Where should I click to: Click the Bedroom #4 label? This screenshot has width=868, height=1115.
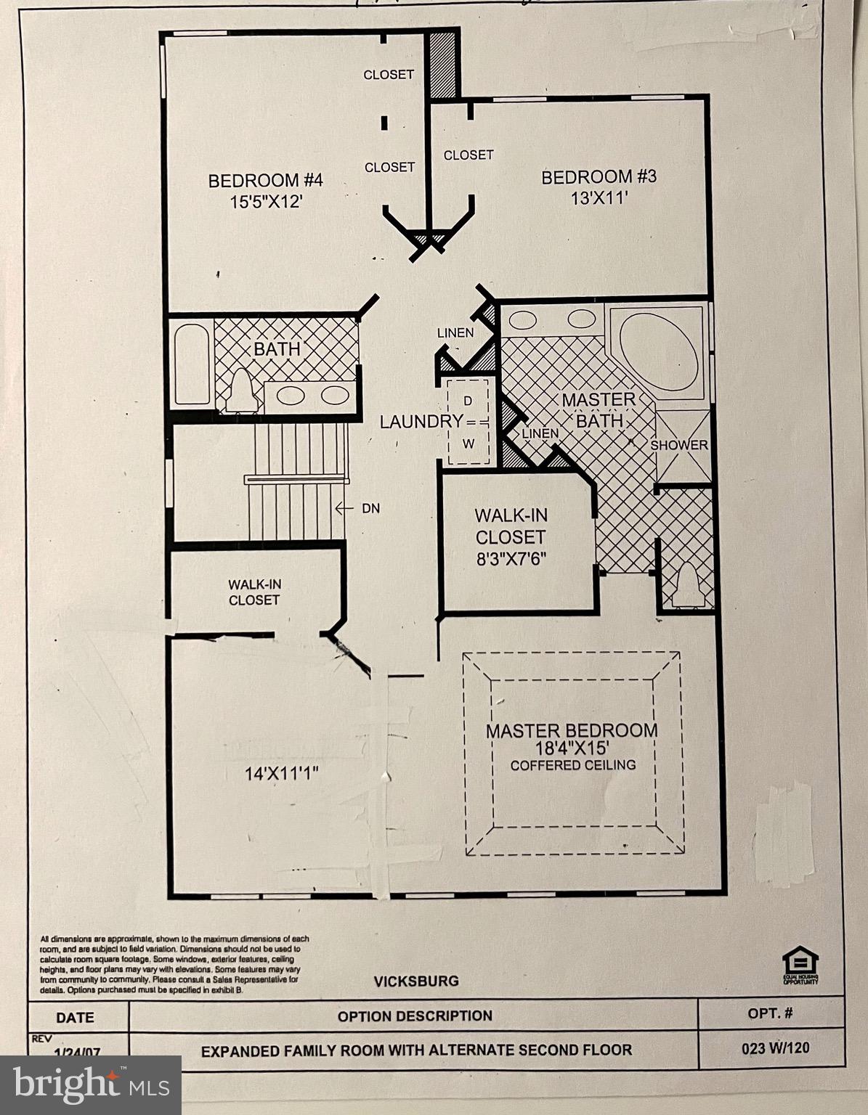click(x=265, y=180)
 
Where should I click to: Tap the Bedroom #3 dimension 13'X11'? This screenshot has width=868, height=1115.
click(x=599, y=198)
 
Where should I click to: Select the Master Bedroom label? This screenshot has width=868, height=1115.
click(x=572, y=731)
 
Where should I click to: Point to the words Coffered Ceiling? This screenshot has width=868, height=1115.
click(x=572, y=765)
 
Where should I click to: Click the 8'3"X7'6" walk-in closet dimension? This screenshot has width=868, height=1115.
click(x=510, y=560)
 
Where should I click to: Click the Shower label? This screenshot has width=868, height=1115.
click(x=678, y=445)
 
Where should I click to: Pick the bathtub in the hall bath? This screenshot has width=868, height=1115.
click(x=192, y=364)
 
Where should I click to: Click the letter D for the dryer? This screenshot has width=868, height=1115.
click(x=468, y=401)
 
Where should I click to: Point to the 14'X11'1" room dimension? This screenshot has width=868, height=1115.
click(x=282, y=774)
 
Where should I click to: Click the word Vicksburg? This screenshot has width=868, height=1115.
click(x=416, y=981)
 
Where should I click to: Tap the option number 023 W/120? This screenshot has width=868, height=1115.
click(x=775, y=1048)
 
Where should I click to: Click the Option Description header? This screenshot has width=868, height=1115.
click(x=415, y=1016)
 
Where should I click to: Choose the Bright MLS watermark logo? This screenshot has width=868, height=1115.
click(x=90, y=1085)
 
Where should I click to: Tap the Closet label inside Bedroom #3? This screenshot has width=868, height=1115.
click(x=469, y=155)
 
